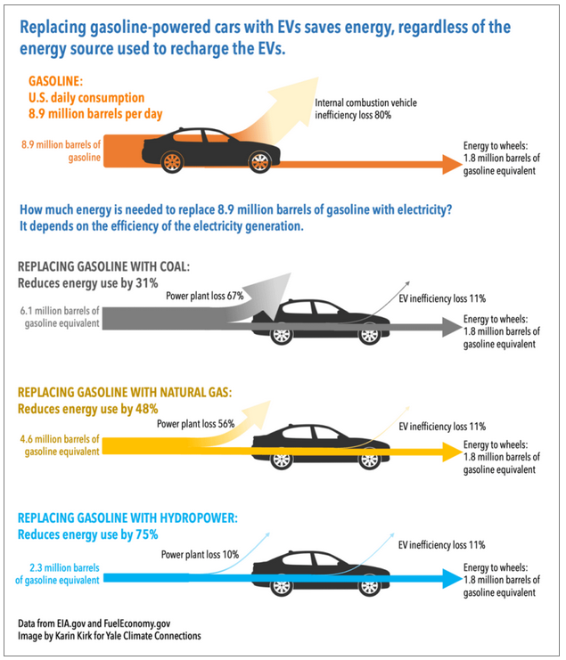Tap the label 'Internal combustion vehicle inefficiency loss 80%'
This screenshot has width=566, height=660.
366,110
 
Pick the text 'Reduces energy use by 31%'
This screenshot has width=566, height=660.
88,283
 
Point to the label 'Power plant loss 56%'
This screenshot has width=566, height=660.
195,424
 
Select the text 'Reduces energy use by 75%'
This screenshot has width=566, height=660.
88,534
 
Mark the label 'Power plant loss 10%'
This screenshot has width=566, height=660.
200,554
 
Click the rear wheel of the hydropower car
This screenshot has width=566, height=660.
282,586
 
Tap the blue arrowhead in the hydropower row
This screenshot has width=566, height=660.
448,580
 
